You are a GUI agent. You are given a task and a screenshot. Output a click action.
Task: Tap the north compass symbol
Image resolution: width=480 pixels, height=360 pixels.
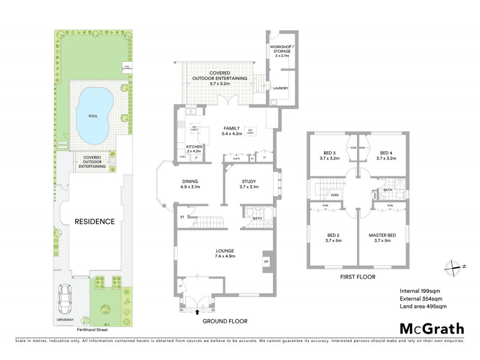click(454, 267)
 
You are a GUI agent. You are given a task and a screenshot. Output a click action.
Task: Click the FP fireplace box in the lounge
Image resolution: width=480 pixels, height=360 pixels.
click(265, 262)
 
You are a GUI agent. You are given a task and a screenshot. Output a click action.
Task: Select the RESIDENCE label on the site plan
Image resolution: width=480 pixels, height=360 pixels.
click(94, 221)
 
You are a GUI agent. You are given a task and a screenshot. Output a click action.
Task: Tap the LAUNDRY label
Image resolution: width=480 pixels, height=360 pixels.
click(280, 88)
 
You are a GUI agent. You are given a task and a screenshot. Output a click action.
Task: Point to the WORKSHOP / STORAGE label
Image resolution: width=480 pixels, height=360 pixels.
click(280, 49)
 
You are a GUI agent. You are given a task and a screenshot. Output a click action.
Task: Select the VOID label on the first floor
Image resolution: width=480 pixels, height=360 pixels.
click(335, 195)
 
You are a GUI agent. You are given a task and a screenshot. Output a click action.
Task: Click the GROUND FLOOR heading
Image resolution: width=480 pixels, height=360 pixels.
click(225, 321)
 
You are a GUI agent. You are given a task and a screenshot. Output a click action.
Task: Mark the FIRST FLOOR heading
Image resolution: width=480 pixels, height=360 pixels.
click(358, 277)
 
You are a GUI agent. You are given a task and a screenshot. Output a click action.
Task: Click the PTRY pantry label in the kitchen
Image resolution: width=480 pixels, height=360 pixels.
click(182, 157)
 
